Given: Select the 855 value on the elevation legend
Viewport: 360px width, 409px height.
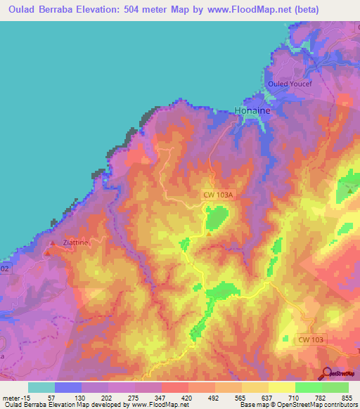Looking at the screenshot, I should (347, 397).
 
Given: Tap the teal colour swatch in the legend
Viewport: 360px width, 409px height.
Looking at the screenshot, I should (41, 387).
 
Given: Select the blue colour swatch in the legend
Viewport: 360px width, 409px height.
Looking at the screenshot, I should (68, 387).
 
